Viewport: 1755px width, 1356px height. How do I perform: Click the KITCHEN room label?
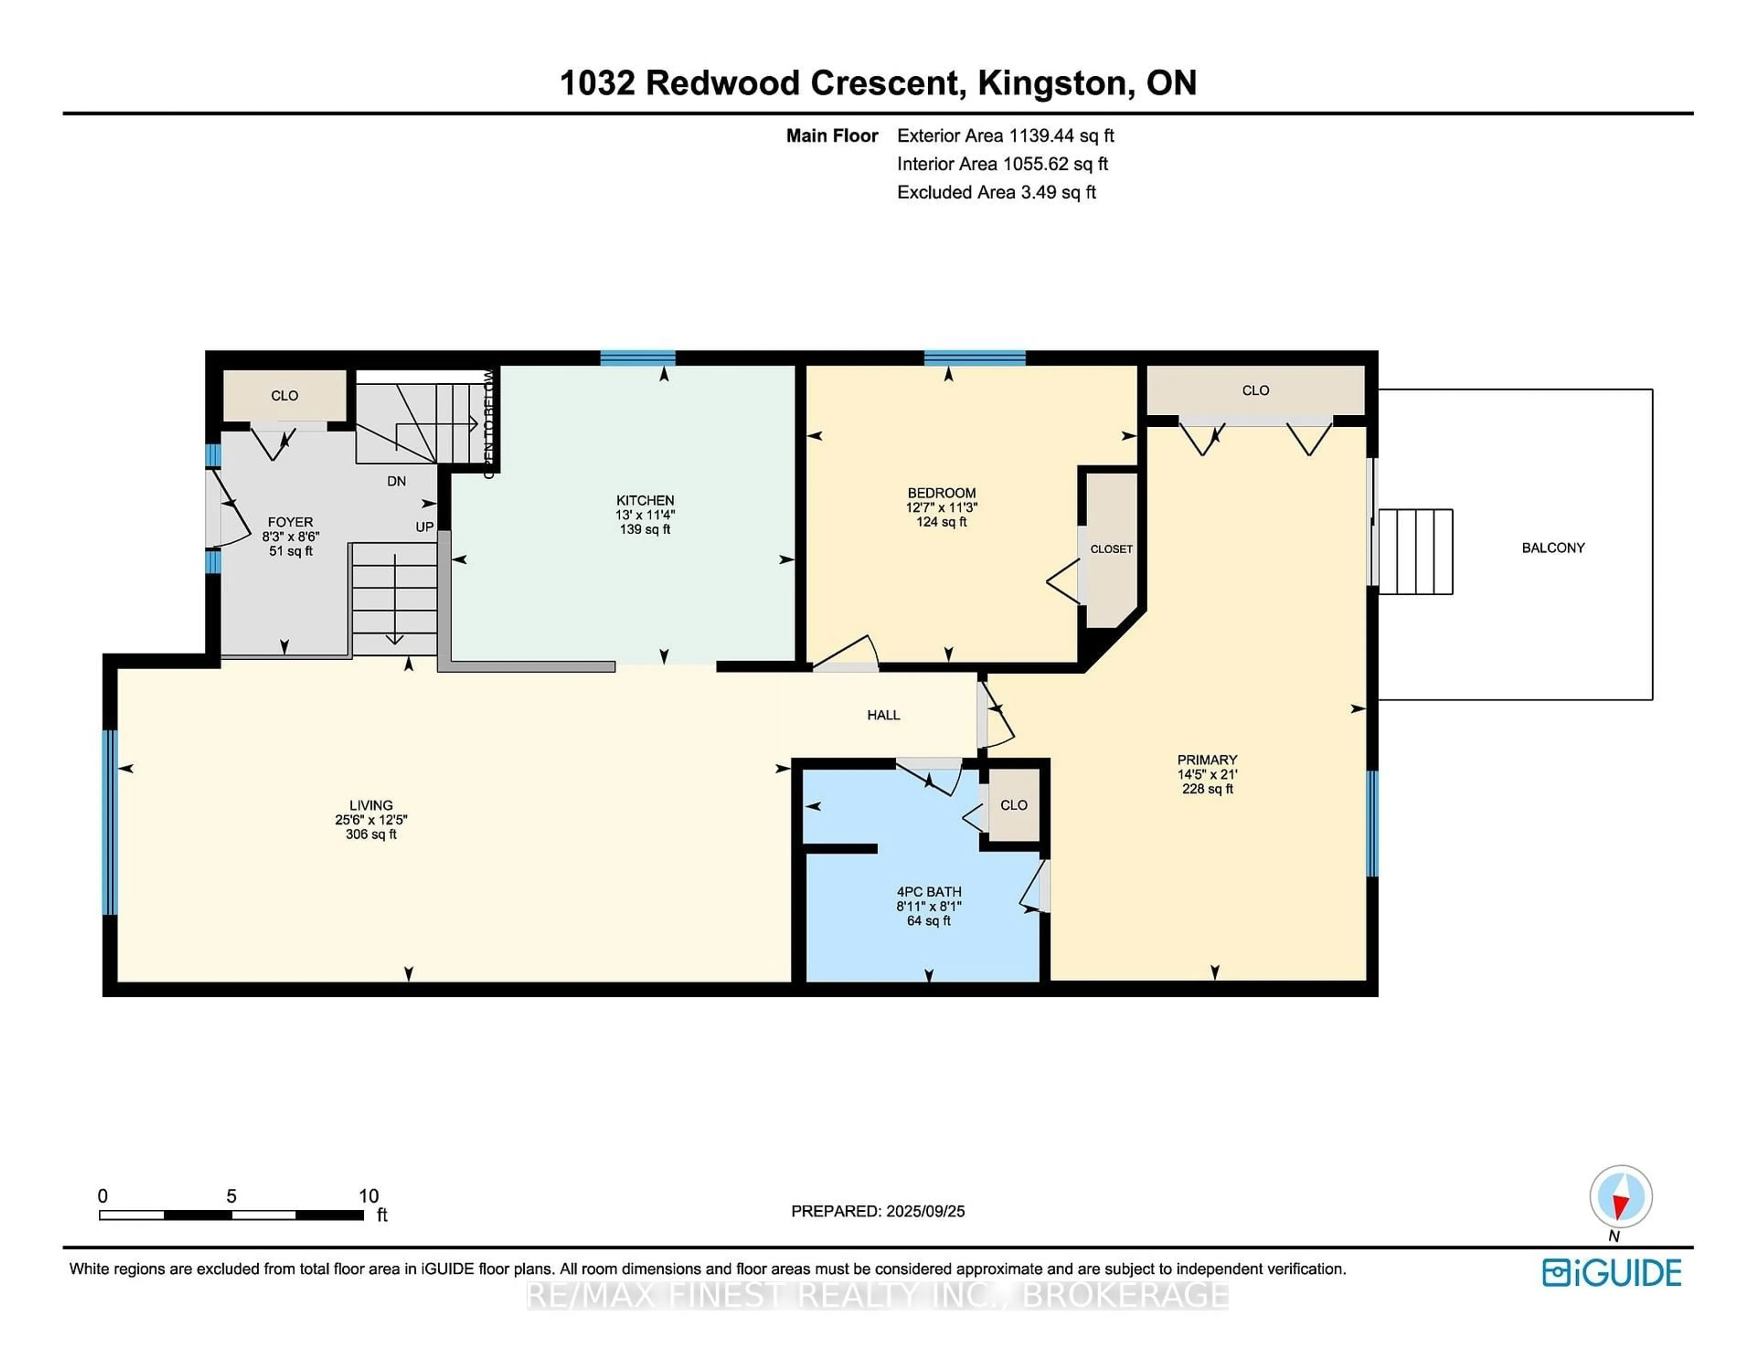pyautogui.click(x=644, y=500)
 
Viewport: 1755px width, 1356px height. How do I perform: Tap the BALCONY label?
pyautogui.click(x=1553, y=548)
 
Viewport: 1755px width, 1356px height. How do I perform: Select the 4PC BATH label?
pyautogui.click(x=929, y=892)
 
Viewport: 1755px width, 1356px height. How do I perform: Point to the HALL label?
pyautogui.click(x=883, y=715)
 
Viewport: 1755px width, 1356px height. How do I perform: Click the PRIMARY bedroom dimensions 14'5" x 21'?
pyautogui.click(x=1207, y=774)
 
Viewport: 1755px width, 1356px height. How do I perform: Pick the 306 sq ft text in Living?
pyautogui.click(x=371, y=835)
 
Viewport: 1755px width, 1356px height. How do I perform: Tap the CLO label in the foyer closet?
pyautogui.click(x=284, y=395)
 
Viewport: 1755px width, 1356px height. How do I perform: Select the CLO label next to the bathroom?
pyautogui.click(x=1013, y=805)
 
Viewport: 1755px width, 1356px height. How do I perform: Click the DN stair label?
pyautogui.click(x=396, y=481)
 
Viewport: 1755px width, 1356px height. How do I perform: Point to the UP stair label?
pyautogui.click(x=424, y=527)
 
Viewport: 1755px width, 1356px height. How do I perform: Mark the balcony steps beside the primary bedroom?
pyautogui.click(x=1415, y=552)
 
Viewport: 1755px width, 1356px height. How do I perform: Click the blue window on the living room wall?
pyautogui.click(x=110, y=822)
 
